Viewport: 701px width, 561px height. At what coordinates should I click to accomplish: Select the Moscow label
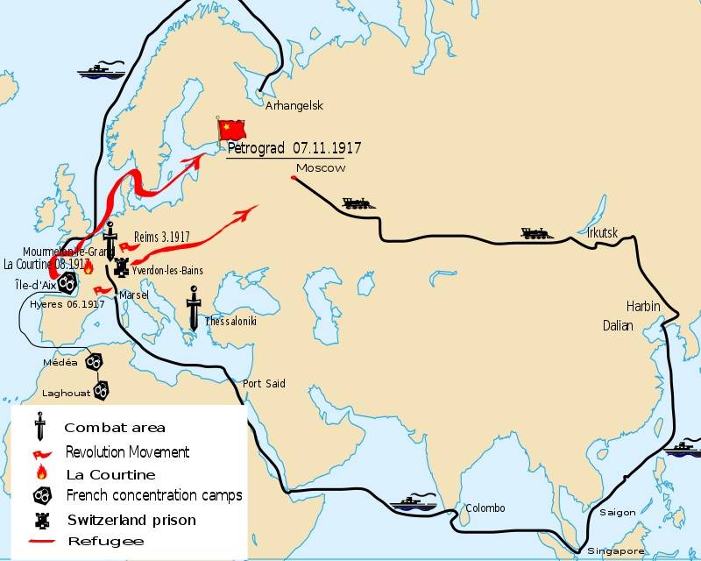coord(320,167)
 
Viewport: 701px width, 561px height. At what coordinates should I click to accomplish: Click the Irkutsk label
coord(604,232)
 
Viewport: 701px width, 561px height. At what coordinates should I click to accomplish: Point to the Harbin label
coord(643,307)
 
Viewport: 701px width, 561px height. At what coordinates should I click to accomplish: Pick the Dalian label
coord(618,324)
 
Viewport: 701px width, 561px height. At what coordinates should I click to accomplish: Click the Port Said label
coord(264,383)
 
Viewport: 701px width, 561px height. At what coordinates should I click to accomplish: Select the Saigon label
coord(617,512)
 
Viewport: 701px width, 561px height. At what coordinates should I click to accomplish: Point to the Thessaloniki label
coord(230,322)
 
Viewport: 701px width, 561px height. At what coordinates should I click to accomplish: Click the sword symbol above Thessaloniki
coord(194,308)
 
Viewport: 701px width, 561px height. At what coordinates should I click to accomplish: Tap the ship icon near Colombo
coord(411,504)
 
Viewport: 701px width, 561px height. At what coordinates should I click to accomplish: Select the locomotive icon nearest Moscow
coord(359,204)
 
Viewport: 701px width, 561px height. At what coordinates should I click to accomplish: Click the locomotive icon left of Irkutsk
coord(538,233)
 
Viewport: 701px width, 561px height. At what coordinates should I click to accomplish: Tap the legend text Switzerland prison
coord(131,520)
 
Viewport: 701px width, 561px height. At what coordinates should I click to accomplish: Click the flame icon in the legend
coord(40,473)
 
